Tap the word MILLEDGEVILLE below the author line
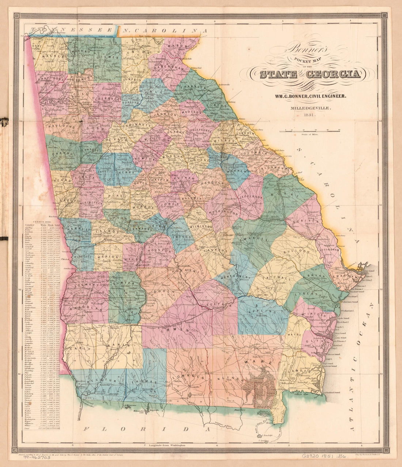click(x=309, y=108)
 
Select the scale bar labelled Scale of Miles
click(x=310, y=131)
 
